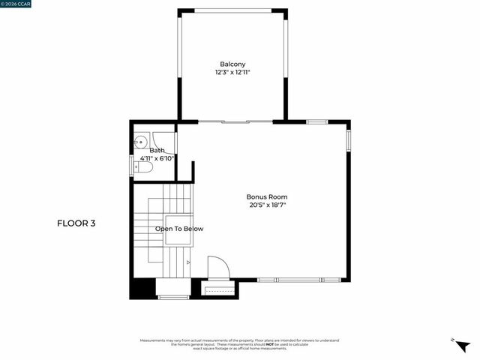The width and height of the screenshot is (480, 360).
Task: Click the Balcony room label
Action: (x=232, y=64)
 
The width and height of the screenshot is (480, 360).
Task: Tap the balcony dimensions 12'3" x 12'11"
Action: (x=232, y=73)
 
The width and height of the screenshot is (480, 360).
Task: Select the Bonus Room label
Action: (x=267, y=196)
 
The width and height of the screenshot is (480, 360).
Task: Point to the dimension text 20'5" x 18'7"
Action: (x=268, y=205)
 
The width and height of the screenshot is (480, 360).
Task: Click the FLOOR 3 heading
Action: (x=76, y=223)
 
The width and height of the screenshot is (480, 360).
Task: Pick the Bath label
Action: (x=157, y=151)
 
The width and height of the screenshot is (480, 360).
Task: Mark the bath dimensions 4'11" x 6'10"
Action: (x=157, y=158)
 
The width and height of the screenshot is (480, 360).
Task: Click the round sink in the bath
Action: (x=140, y=140)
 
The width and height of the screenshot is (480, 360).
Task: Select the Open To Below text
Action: (x=179, y=229)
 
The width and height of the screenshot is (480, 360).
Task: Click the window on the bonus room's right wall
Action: (x=348, y=140)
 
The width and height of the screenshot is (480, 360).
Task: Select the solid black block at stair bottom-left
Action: (x=142, y=289)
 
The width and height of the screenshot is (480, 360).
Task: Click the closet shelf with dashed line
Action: (x=219, y=289)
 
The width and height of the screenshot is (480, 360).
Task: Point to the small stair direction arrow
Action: (x=188, y=262)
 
